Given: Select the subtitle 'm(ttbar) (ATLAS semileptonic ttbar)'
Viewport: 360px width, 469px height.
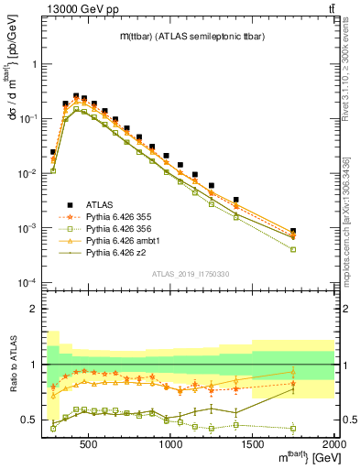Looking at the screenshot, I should pyautogui.click(x=147, y=36).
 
